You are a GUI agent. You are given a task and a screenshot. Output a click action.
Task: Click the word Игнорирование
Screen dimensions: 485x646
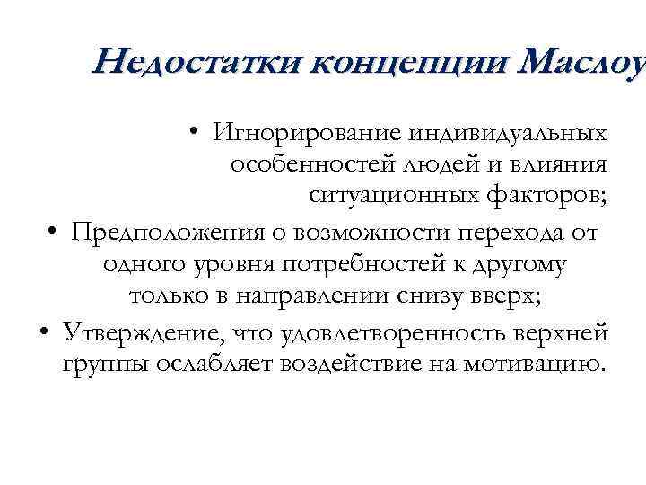(308, 134)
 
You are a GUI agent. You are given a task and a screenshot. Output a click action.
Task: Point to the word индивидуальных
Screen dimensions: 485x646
(507, 134)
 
